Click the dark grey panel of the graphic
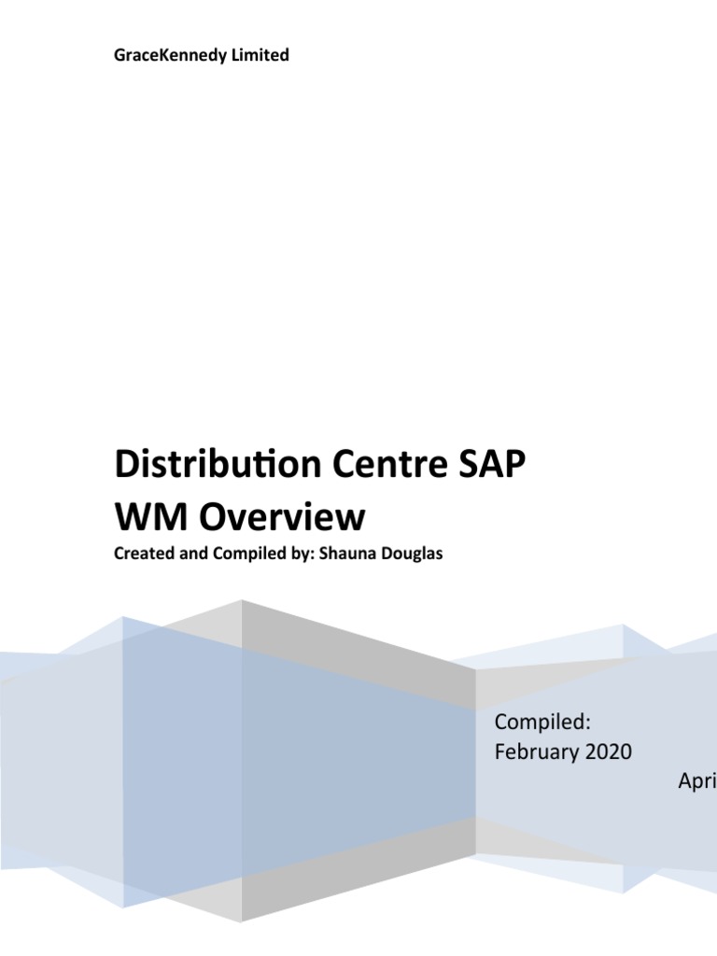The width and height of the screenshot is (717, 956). [x=355, y=654]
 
